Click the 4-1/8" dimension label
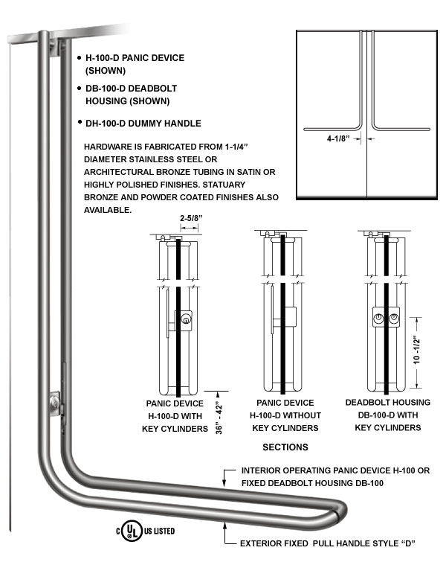(338, 138)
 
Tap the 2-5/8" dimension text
(191, 218)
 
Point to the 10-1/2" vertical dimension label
(417, 350)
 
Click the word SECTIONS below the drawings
(285, 447)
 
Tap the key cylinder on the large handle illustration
(55, 403)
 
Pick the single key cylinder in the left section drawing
(186, 319)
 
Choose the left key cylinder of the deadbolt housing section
(378, 318)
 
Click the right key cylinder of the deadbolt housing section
(394, 318)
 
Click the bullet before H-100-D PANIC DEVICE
(80, 58)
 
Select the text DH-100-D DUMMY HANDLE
(143, 124)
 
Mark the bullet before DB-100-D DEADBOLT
(80, 88)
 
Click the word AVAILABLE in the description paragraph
(108, 210)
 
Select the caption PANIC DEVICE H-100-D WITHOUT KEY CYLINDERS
(285, 415)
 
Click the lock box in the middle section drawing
(290, 317)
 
